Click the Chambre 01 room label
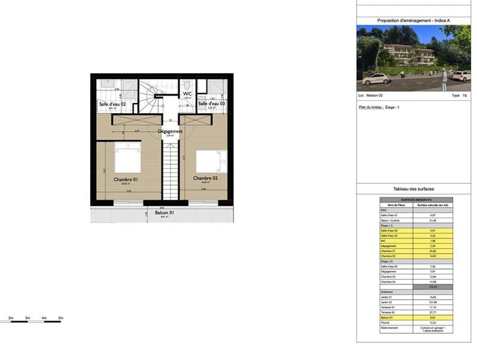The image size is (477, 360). click(x=127, y=179)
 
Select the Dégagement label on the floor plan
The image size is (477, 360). click(x=170, y=131)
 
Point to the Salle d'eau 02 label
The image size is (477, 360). click(x=112, y=104)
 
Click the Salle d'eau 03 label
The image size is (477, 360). click(x=212, y=104)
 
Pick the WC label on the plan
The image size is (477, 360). click(x=187, y=94)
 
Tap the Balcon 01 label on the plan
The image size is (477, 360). click(x=164, y=213)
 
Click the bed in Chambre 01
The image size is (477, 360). click(x=127, y=160)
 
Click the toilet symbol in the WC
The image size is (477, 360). click(x=187, y=84)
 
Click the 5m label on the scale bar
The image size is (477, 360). click(x=61, y=318)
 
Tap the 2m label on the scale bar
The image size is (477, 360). click(x=11, y=318)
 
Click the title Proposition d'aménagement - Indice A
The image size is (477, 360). click(x=414, y=20)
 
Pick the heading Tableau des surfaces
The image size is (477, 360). click(x=414, y=189)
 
